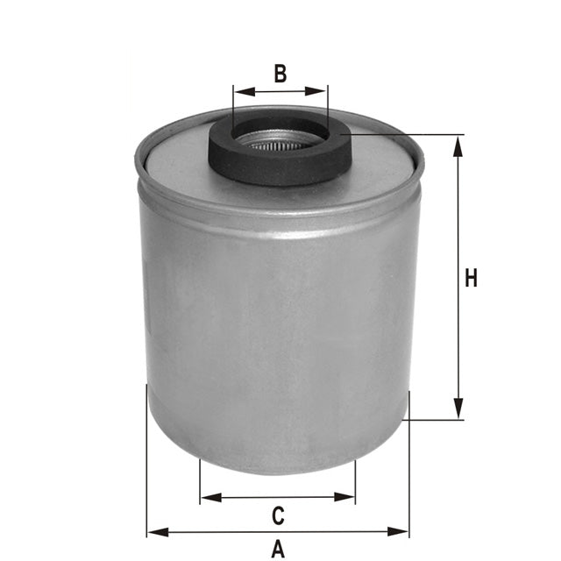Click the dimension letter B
tap(280, 73)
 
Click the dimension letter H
tap(472, 279)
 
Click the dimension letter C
tap(277, 515)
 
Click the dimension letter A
tap(278, 550)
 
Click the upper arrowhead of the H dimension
tap(458, 144)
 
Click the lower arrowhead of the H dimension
tap(458, 410)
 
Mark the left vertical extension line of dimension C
tap(200, 482)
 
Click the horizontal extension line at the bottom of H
tap(434, 420)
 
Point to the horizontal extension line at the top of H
tap(412, 135)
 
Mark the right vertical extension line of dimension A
tap(408, 473)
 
